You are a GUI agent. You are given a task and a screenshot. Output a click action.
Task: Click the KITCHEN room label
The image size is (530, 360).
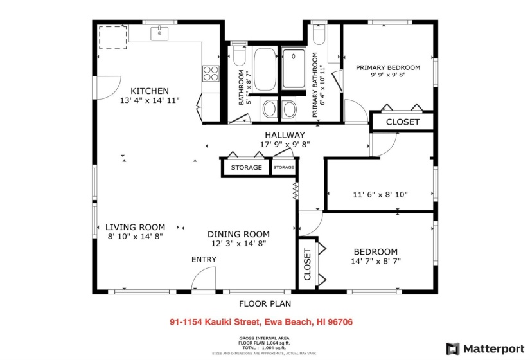pos(150,91)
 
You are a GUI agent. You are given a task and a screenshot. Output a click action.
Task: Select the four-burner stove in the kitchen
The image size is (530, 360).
pos(211,74)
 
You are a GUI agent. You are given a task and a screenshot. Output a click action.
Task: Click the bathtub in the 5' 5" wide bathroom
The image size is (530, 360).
pos(263,70)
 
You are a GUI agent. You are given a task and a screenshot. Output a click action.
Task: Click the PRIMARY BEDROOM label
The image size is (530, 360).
pos(388,67)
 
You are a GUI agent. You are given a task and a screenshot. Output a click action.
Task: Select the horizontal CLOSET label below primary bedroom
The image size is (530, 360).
pos(403,122)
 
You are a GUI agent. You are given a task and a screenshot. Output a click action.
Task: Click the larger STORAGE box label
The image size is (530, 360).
pos(247,168)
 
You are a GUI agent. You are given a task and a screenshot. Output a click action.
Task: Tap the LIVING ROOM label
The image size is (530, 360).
pos(135,227)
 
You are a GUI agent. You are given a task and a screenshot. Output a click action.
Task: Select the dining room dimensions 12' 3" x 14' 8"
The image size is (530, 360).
pos(238,244)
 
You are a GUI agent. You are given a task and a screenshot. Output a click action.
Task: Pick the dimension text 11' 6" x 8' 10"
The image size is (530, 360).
pos(380,194)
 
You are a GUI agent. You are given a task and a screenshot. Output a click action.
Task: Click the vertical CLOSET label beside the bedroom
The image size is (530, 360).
pos(307,265)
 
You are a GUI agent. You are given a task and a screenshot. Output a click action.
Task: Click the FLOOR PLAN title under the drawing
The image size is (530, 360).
pos(261,303)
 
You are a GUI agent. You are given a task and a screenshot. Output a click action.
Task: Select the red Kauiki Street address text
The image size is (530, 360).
pos(261,322)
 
